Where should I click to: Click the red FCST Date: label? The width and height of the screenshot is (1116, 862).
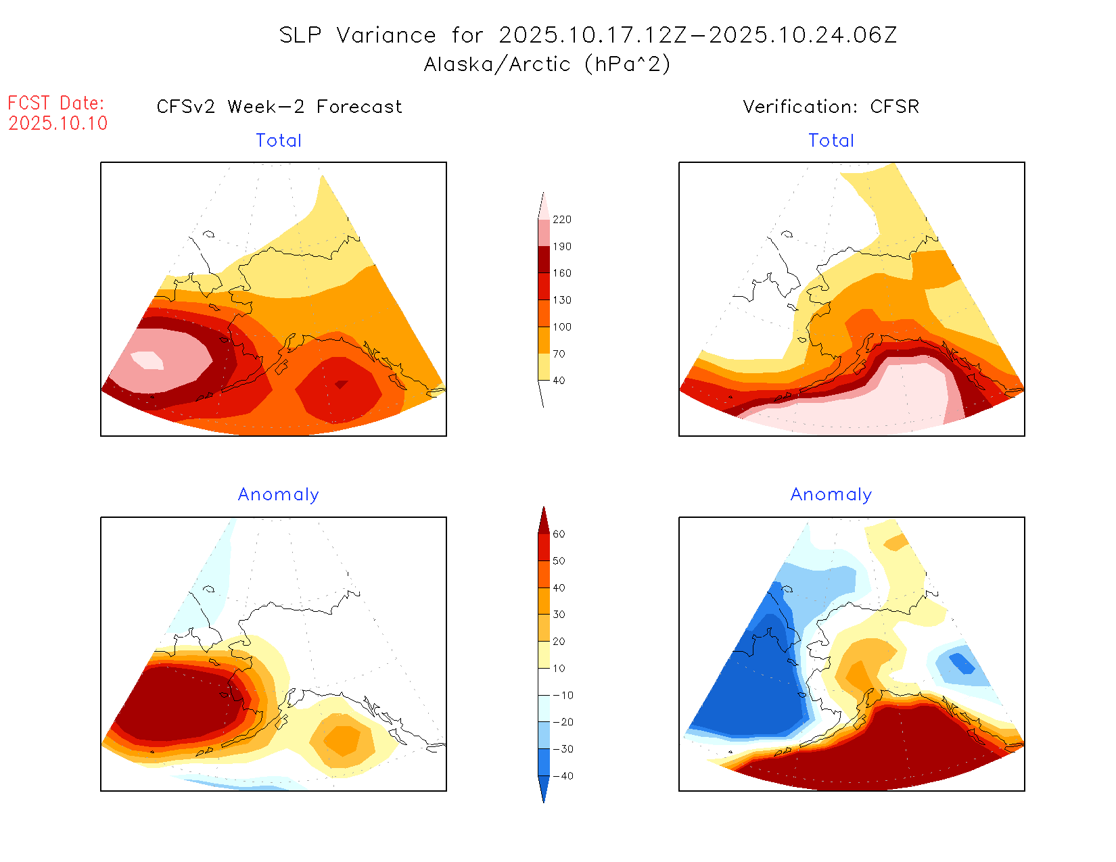click(56, 103)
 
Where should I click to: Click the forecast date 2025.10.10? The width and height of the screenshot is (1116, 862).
click(58, 123)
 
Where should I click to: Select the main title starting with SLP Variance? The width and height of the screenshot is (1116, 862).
click(588, 35)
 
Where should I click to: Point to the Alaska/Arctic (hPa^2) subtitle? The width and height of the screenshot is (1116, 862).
click(547, 64)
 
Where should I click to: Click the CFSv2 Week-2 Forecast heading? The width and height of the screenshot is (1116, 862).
click(279, 107)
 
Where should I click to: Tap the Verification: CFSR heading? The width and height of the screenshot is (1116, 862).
click(831, 107)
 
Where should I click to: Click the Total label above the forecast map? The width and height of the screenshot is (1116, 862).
click(279, 141)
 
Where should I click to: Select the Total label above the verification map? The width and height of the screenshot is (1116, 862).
click(831, 141)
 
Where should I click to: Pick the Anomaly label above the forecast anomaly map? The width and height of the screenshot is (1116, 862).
click(279, 495)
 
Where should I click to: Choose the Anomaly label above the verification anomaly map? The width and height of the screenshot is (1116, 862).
click(831, 495)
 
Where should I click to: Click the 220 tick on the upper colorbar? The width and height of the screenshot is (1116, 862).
click(561, 220)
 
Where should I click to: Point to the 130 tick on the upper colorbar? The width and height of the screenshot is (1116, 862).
click(561, 300)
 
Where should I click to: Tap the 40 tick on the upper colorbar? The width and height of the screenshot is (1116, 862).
click(559, 381)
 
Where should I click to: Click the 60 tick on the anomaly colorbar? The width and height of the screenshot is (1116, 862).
click(559, 534)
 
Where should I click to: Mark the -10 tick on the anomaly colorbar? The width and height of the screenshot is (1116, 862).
click(563, 696)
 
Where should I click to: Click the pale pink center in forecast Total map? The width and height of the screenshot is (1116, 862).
click(148, 360)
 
